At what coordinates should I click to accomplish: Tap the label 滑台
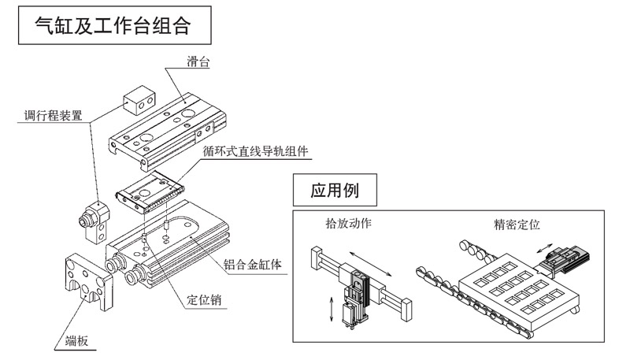point(200,61)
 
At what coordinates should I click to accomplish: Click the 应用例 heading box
point(332,190)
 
